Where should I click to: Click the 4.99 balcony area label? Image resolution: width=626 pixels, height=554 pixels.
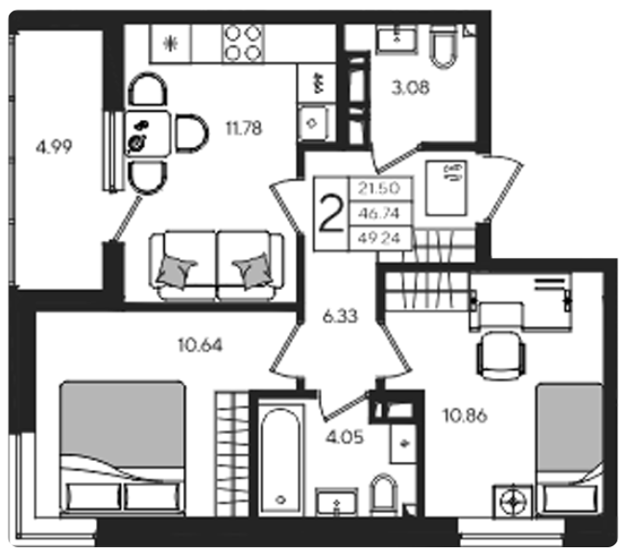54,148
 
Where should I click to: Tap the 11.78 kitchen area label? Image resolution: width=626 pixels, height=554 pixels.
244,129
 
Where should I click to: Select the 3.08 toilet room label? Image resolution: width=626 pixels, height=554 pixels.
410,87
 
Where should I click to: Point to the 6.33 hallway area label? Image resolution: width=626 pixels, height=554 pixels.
340,317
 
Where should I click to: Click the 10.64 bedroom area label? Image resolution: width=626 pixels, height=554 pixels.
200,345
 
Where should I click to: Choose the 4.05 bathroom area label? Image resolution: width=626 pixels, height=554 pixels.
345,438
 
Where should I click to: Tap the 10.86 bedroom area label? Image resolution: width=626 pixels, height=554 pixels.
466,416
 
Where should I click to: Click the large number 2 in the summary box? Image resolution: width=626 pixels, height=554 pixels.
332,214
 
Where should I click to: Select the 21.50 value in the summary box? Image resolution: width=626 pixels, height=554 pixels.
379,188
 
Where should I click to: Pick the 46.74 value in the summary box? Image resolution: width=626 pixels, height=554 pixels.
379,213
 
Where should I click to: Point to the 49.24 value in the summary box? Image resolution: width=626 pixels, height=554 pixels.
379,238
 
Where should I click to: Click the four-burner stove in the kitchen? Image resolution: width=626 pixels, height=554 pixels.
243,43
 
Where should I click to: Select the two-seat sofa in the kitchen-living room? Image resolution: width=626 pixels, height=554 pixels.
217,265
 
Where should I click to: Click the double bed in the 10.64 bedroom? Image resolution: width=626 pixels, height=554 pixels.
123,448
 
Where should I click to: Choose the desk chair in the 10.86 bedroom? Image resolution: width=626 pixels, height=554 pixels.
501,355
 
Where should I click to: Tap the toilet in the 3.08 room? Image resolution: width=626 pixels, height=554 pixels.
444,47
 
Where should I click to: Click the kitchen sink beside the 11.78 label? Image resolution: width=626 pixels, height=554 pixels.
313,123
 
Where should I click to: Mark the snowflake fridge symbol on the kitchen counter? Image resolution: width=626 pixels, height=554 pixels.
171,43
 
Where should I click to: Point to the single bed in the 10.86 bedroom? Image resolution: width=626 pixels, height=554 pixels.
569,450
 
